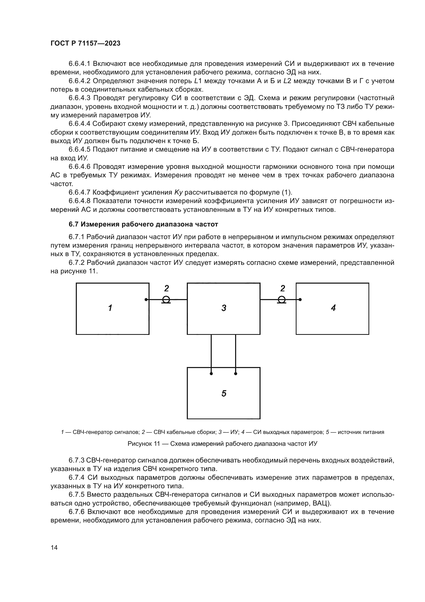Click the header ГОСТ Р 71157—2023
point(85,43)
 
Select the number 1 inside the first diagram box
point(110,308)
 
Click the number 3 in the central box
point(224,308)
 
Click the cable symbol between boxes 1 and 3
point(166,300)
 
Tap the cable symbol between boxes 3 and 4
point(282,300)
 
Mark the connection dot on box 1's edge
point(146,299)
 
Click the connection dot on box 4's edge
point(300,299)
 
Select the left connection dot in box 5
point(211,374)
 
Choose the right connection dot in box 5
point(236,374)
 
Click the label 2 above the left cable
point(167,289)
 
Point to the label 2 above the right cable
point(282,289)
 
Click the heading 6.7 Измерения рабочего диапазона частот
point(143,224)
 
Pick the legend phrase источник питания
point(361,432)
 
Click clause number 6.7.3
point(76,460)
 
